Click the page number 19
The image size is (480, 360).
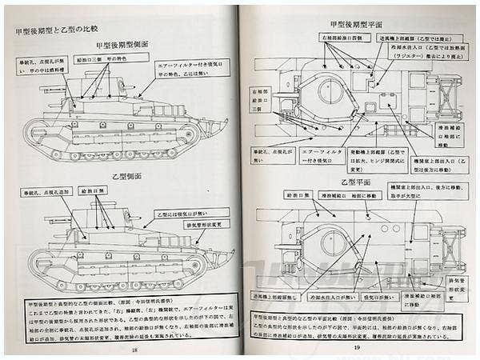356,350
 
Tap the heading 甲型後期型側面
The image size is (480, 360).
124,45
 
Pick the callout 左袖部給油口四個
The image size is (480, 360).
329,38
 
